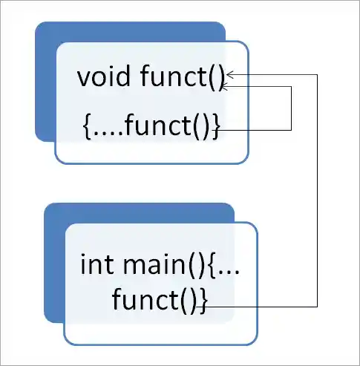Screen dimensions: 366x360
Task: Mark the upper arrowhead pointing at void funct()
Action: point(232,74)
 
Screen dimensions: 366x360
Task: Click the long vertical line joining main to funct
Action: point(318,193)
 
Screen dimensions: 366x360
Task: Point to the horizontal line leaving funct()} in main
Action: point(260,306)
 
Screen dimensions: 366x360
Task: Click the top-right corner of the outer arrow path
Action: point(318,74)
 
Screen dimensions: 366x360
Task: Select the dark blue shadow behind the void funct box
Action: point(46,89)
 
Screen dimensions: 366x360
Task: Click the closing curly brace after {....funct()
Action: point(216,127)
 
